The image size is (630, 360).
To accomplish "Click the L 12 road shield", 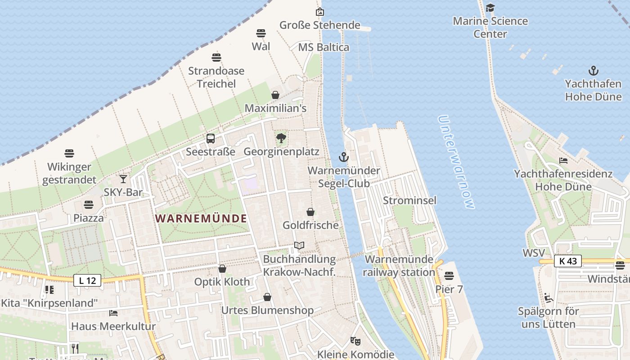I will pos(87,281).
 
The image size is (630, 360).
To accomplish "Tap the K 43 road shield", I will pos(568,261).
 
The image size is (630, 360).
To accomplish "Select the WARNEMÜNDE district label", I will pos(201,219).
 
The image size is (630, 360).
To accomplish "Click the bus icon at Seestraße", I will pos(211,139).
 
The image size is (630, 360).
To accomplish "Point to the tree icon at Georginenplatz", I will pos(281,138).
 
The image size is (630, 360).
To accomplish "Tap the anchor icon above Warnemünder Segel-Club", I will pos(344,157).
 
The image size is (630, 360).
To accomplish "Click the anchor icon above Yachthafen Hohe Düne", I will pos(594,71).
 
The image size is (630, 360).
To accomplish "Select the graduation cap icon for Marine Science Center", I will pos(490,8).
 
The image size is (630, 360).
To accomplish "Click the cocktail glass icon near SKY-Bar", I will pos(123,179).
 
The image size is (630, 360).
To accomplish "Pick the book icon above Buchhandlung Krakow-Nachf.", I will pos(299,246).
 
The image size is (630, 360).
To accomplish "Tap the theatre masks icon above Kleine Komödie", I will pos(355,341).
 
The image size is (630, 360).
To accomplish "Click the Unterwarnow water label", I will pos(455,162).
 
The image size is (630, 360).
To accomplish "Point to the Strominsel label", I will pos(409,200).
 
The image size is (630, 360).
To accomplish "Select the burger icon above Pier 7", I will pos(449,275).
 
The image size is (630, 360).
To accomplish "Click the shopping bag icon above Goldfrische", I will pos(310,212).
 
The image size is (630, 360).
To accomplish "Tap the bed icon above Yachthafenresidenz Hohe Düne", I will pos(563,160).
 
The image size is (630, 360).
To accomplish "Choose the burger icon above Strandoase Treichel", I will pos(216,58).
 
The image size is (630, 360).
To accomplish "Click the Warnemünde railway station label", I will pos(399,265).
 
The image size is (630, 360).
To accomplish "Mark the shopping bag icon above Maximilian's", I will pos(275,95).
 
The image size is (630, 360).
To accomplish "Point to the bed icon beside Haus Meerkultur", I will pos(113,313).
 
